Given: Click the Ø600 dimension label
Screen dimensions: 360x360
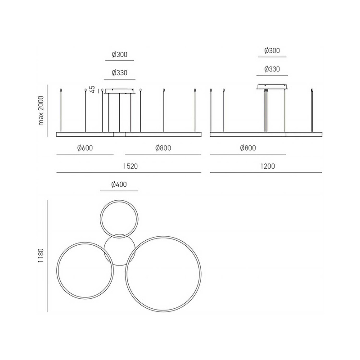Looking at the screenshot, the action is click(x=85, y=148).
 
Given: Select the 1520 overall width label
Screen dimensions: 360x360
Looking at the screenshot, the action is click(x=130, y=166).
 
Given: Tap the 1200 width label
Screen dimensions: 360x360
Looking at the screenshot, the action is click(x=268, y=166).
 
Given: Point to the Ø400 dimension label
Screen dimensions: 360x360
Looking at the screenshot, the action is click(x=119, y=184).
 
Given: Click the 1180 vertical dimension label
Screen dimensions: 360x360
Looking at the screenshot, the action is click(x=41, y=256).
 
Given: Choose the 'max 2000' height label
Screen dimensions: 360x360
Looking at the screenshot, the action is click(x=41, y=111).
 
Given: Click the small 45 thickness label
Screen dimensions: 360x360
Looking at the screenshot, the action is click(x=92, y=89).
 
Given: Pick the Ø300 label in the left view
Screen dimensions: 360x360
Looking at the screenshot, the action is click(x=120, y=54).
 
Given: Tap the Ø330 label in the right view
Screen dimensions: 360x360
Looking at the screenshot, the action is click(x=272, y=69).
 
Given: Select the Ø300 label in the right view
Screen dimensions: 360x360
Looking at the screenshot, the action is click(x=272, y=50).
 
